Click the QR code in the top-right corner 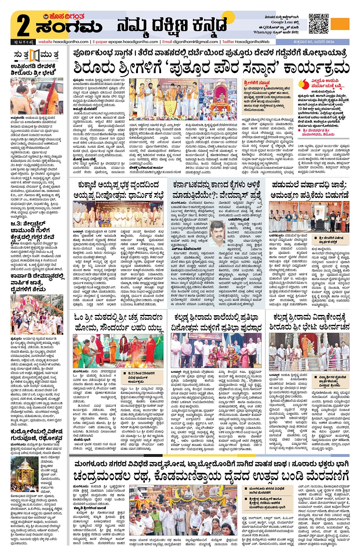click(318, 24)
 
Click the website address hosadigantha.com click(63, 42)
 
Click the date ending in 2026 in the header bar click(314, 42)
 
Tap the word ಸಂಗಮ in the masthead click(69, 27)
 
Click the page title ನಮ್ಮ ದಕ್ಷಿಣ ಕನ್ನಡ click(171, 26)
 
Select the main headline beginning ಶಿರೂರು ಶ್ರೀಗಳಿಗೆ click(211, 68)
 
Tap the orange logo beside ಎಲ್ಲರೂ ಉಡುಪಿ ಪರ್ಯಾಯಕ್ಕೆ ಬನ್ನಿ click(304, 84)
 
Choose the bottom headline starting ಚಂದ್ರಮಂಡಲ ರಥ click(211, 476)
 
